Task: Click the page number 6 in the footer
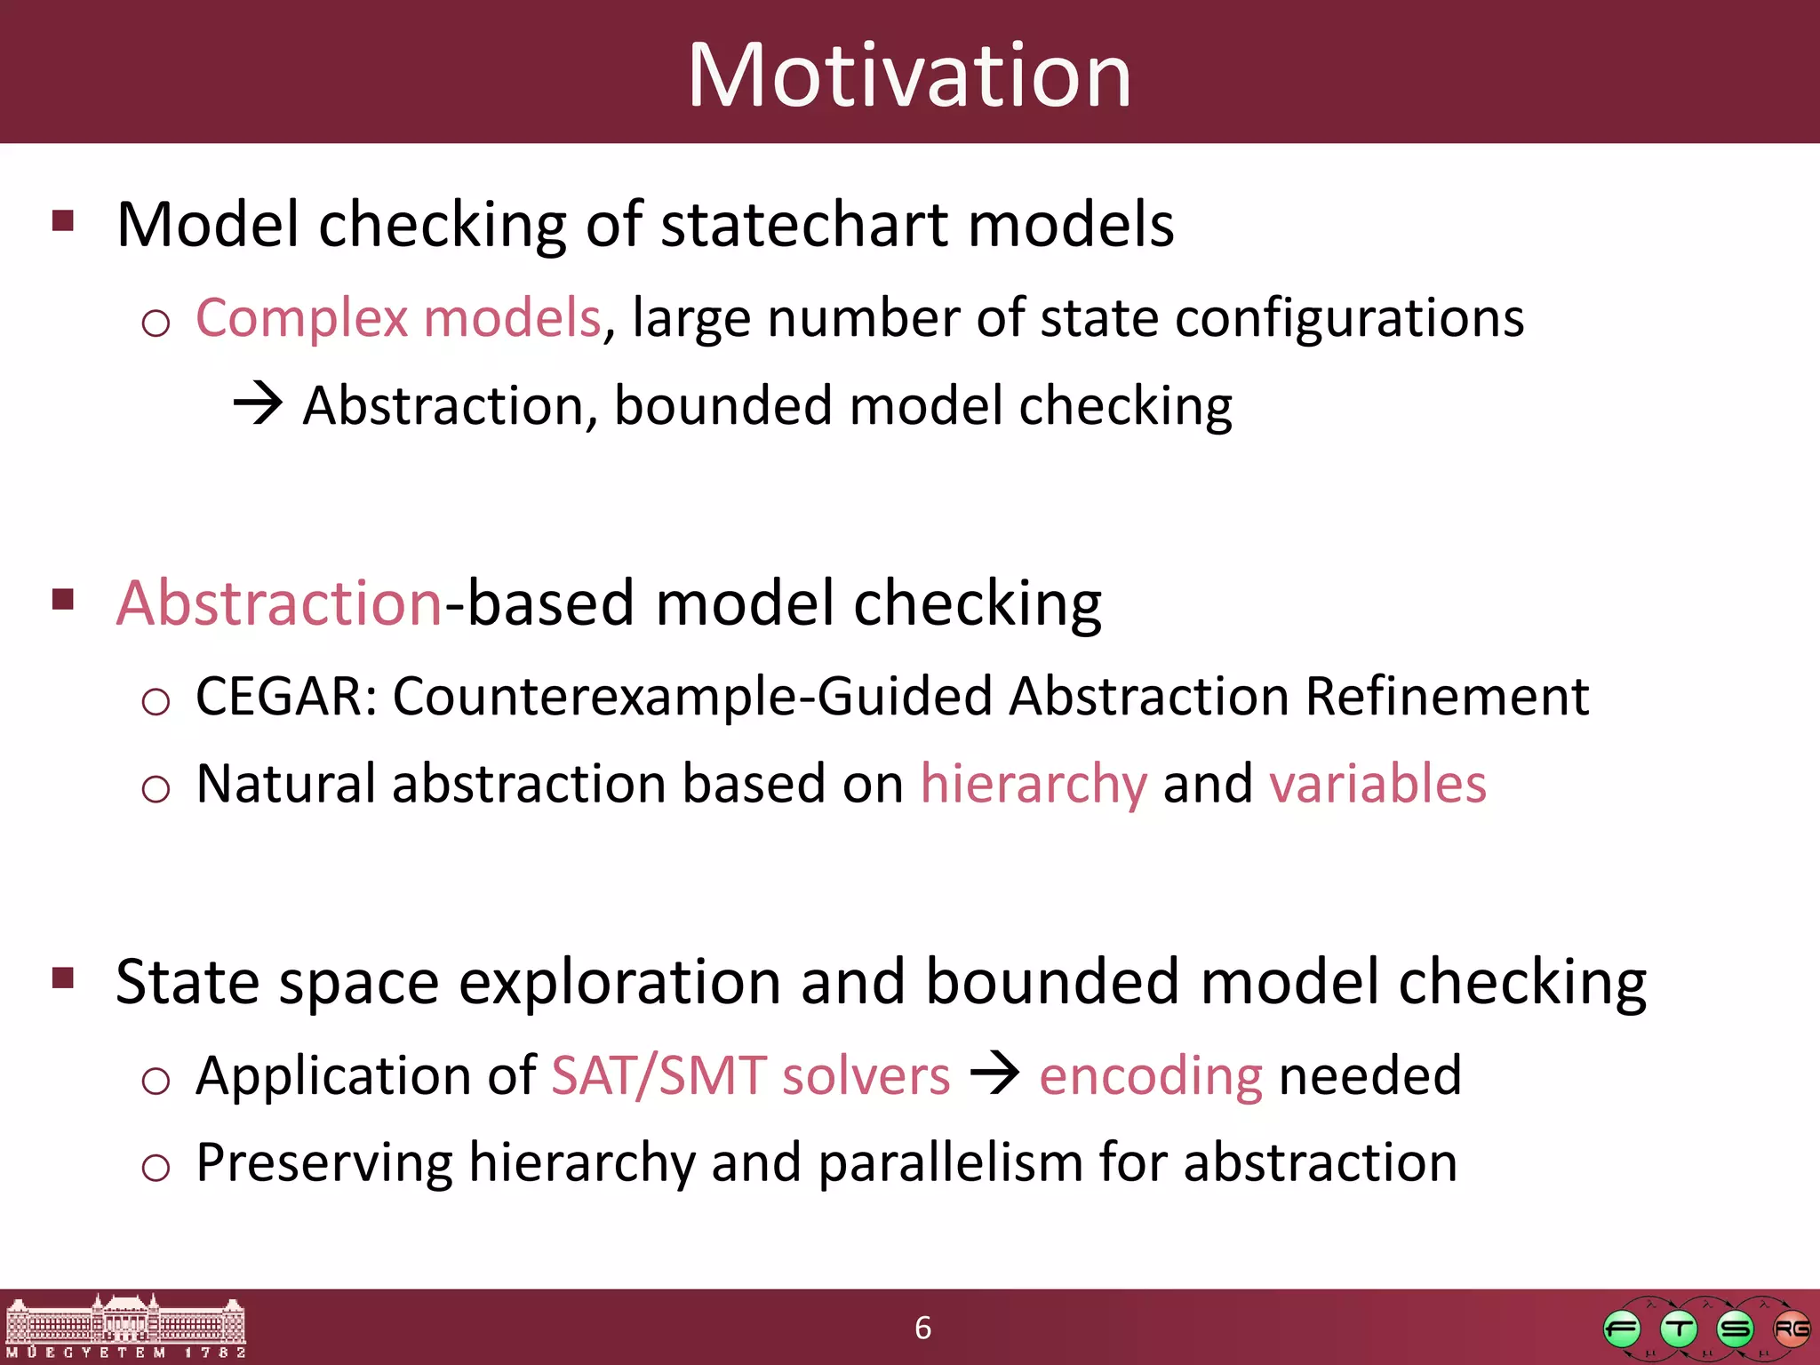tap(922, 1328)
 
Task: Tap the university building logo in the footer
tap(125, 1326)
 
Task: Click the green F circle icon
tap(1622, 1329)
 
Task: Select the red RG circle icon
tap(1791, 1329)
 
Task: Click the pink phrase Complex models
tap(398, 318)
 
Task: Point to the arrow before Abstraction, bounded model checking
tap(258, 404)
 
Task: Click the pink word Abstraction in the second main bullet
tap(279, 603)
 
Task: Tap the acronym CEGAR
tap(279, 696)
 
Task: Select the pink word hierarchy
tap(1034, 784)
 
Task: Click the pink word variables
tap(1377, 784)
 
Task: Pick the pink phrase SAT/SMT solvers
tap(751, 1075)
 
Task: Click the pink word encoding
tap(1150, 1076)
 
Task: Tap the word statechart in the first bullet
tap(805, 224)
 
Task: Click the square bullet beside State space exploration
tap(63, 978)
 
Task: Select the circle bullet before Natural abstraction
tap(156, 788)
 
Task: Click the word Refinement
tap(1447, 696)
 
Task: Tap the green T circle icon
tap(1679, 1329)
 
